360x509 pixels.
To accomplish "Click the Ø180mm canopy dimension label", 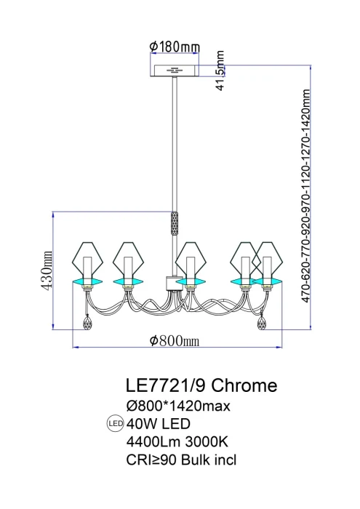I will click(x=175, y=47).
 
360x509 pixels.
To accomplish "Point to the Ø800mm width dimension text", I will click(x=175, y=341).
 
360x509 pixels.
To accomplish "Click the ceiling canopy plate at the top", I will click(x=175, y=71).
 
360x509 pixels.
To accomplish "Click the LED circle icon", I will click(x=114, y=422).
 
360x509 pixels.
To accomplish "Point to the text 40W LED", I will click(x=158, y=422).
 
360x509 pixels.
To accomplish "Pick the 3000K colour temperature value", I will click(x=212, y=441).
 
